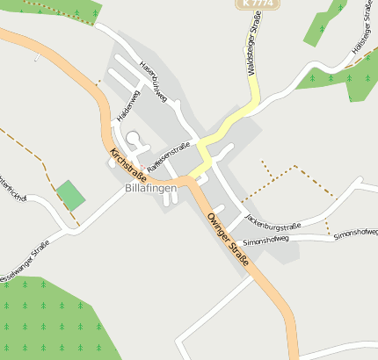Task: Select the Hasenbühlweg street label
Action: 153,82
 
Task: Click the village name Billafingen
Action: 151,188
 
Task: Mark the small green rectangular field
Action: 70,195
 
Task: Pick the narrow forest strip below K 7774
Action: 324,24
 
